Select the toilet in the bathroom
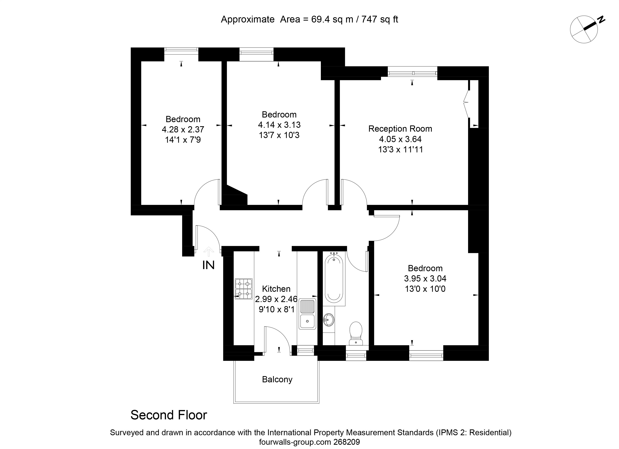356,333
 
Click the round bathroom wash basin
329,319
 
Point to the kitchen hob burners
244,289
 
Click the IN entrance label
209,265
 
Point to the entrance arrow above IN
209,251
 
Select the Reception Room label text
400,129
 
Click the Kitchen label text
276,289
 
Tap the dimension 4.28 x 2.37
183,129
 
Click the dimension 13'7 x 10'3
279,135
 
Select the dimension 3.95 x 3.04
425,279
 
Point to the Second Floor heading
169,415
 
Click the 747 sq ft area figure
380,19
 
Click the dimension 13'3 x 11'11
400,149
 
